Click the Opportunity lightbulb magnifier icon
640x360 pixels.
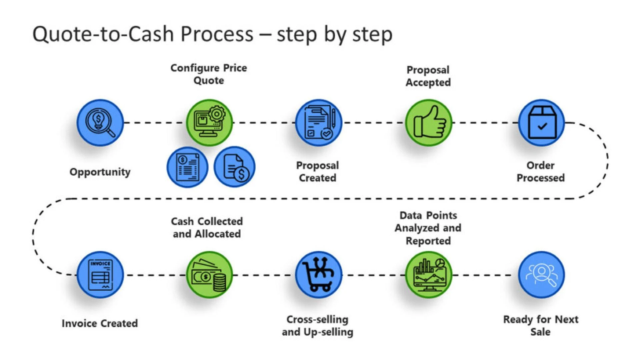100,123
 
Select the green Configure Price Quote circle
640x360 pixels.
209,123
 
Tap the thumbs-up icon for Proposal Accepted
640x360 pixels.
428,123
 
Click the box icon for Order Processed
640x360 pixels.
541,123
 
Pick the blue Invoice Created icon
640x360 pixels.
100,275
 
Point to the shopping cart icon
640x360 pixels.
318,275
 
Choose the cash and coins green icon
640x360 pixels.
209,275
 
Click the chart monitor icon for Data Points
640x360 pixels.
428,275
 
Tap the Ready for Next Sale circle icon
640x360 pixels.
541,275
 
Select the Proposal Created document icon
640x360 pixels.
318,123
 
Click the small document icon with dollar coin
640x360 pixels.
234,167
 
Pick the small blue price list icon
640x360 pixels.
187,167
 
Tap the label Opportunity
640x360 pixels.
100,172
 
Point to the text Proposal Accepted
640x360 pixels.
428,76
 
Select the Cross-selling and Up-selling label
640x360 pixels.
317,326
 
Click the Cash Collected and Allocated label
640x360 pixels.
207,228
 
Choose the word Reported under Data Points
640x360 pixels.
428,241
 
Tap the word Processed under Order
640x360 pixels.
540,178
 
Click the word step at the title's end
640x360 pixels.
372,35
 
